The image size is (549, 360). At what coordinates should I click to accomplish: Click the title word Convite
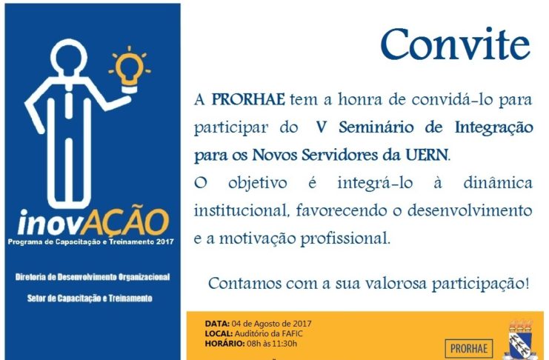click(455, 44)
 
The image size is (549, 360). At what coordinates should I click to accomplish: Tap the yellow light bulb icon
click(130, 70)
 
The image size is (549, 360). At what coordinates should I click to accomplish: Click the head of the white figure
click(69, 57)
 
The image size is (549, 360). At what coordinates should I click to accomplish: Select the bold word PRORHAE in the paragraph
click(248, 99)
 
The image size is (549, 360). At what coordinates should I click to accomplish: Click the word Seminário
click(376, 127)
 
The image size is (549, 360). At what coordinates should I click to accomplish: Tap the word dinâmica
click(498, 182)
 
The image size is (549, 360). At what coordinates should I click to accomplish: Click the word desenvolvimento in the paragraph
click(470, 210)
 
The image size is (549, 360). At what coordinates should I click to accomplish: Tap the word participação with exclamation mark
click(480, 284)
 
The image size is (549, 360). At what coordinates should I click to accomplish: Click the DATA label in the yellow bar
click(217, 324)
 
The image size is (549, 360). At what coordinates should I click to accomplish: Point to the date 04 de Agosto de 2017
click(271, 324)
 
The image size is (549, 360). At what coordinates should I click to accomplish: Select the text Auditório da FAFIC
click(268, 334)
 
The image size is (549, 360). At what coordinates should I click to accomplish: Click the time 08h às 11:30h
click(272, 344)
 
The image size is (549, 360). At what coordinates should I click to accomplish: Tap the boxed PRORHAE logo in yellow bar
click(469, 348)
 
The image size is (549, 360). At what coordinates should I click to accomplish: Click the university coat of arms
click(521, 340)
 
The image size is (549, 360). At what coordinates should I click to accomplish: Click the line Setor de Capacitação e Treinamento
click(90, 299)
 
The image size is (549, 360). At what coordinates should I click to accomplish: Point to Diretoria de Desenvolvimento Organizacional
click(93, 277)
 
